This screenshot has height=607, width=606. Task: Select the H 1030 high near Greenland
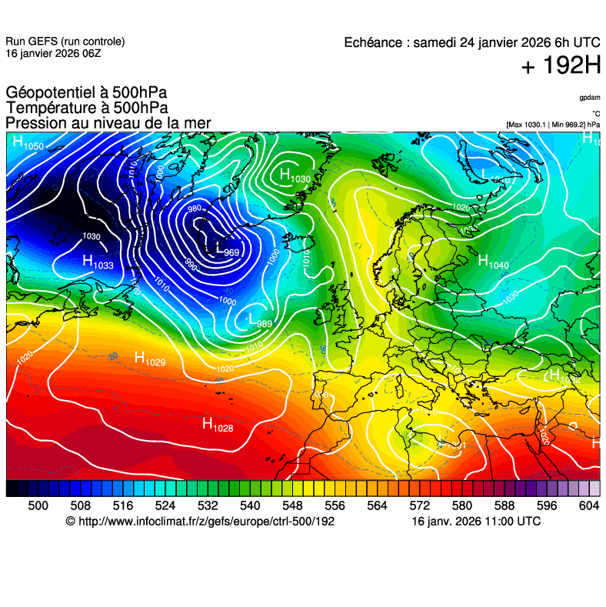pyautogui.click(x=295, y=176)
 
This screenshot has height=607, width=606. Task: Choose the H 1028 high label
pyautogui.click(x=218, y=424)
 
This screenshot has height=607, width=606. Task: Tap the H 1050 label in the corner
pyautogui.click(x=28, y=143)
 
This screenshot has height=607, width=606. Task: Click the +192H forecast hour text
pyautogui.click(x=561, y=67)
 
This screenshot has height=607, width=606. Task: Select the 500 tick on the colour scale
pyautogui.click(x=38, y=505)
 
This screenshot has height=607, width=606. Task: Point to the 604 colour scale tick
pyautogui.click(x=589, y=505)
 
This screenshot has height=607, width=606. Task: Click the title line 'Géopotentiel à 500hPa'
pyautogui.click(x=86, y=93)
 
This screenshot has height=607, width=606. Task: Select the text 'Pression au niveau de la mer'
pyautogui.click(x=108, y=123)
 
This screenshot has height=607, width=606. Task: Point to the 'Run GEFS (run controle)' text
pyautogui.click(x=65, y=42)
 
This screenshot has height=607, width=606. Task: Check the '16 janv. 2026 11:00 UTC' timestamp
pyautogui.click(x=476, y=522)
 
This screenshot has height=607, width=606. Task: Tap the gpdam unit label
pyautogui.click(x=590, y=98)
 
